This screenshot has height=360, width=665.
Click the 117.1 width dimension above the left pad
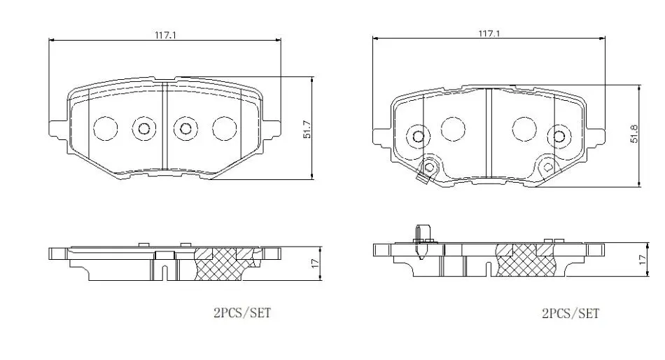tap(165, 35)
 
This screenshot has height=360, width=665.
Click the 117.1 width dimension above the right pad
tap(489, 33)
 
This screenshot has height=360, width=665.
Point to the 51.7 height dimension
tap(307, 130)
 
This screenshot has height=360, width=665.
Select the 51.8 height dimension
tap(634, 134)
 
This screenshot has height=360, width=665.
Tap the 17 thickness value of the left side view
tap(314, 263)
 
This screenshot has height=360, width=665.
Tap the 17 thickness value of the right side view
tap(643, 259)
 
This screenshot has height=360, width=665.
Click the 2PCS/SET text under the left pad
tap(242, 313)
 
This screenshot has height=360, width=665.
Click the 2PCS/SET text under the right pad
tap(570, 314)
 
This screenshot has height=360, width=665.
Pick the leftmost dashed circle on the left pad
tap(105, 128)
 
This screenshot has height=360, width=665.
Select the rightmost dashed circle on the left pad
tap(225, 128)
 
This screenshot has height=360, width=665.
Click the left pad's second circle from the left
tap(144, 128)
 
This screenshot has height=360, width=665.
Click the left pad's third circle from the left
tap(185, 128)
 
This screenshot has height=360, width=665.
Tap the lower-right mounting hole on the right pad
tap(547, 167)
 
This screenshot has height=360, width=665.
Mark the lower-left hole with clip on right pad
tap(429, 167)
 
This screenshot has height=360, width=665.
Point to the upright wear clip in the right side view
tap(422, 241)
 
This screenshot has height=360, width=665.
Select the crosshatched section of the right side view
tap(525, 260)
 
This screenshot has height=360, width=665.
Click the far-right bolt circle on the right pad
tap(559, 137)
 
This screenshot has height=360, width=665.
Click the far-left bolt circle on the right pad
tap(419, 137)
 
